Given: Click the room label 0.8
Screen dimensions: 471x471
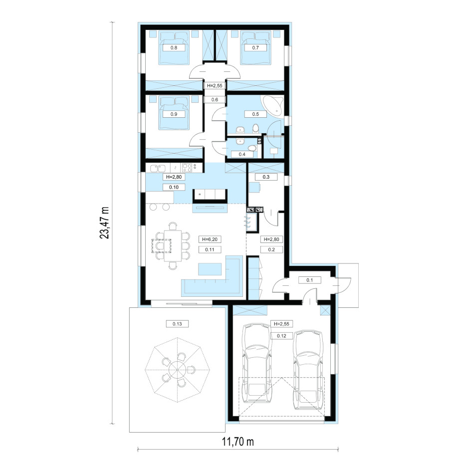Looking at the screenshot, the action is [174, 47].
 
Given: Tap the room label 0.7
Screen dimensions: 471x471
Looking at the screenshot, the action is [255, 47].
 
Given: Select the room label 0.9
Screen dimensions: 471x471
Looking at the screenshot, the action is [174, 114].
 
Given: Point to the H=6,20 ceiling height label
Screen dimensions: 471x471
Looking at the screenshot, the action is [210, 239].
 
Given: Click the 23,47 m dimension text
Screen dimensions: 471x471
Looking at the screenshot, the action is [104, 223].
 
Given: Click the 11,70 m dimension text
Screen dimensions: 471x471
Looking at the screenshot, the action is [238, 442].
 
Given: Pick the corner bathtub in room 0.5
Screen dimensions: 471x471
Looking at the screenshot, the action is [273, 106].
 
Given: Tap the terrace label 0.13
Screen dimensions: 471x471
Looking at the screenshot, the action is [177, 324].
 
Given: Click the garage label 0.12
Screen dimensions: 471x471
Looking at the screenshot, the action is [281, 336].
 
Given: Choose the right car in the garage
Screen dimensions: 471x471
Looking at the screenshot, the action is [308, 370].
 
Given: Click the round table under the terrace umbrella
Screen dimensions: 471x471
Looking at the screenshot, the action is [177, 369].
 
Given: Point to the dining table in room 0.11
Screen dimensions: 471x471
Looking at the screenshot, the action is [173, 245].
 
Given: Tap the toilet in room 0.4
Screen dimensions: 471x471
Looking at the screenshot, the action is [252, 148].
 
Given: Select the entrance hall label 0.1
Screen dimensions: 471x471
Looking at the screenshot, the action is [310, 280].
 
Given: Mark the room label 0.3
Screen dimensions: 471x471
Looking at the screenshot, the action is [266, 177].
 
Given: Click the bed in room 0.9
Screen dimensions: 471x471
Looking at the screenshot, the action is [174, 113].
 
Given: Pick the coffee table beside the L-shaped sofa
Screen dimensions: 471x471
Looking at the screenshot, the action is [210, 269].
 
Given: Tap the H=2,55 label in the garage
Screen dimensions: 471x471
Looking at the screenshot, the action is [281, 324].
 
